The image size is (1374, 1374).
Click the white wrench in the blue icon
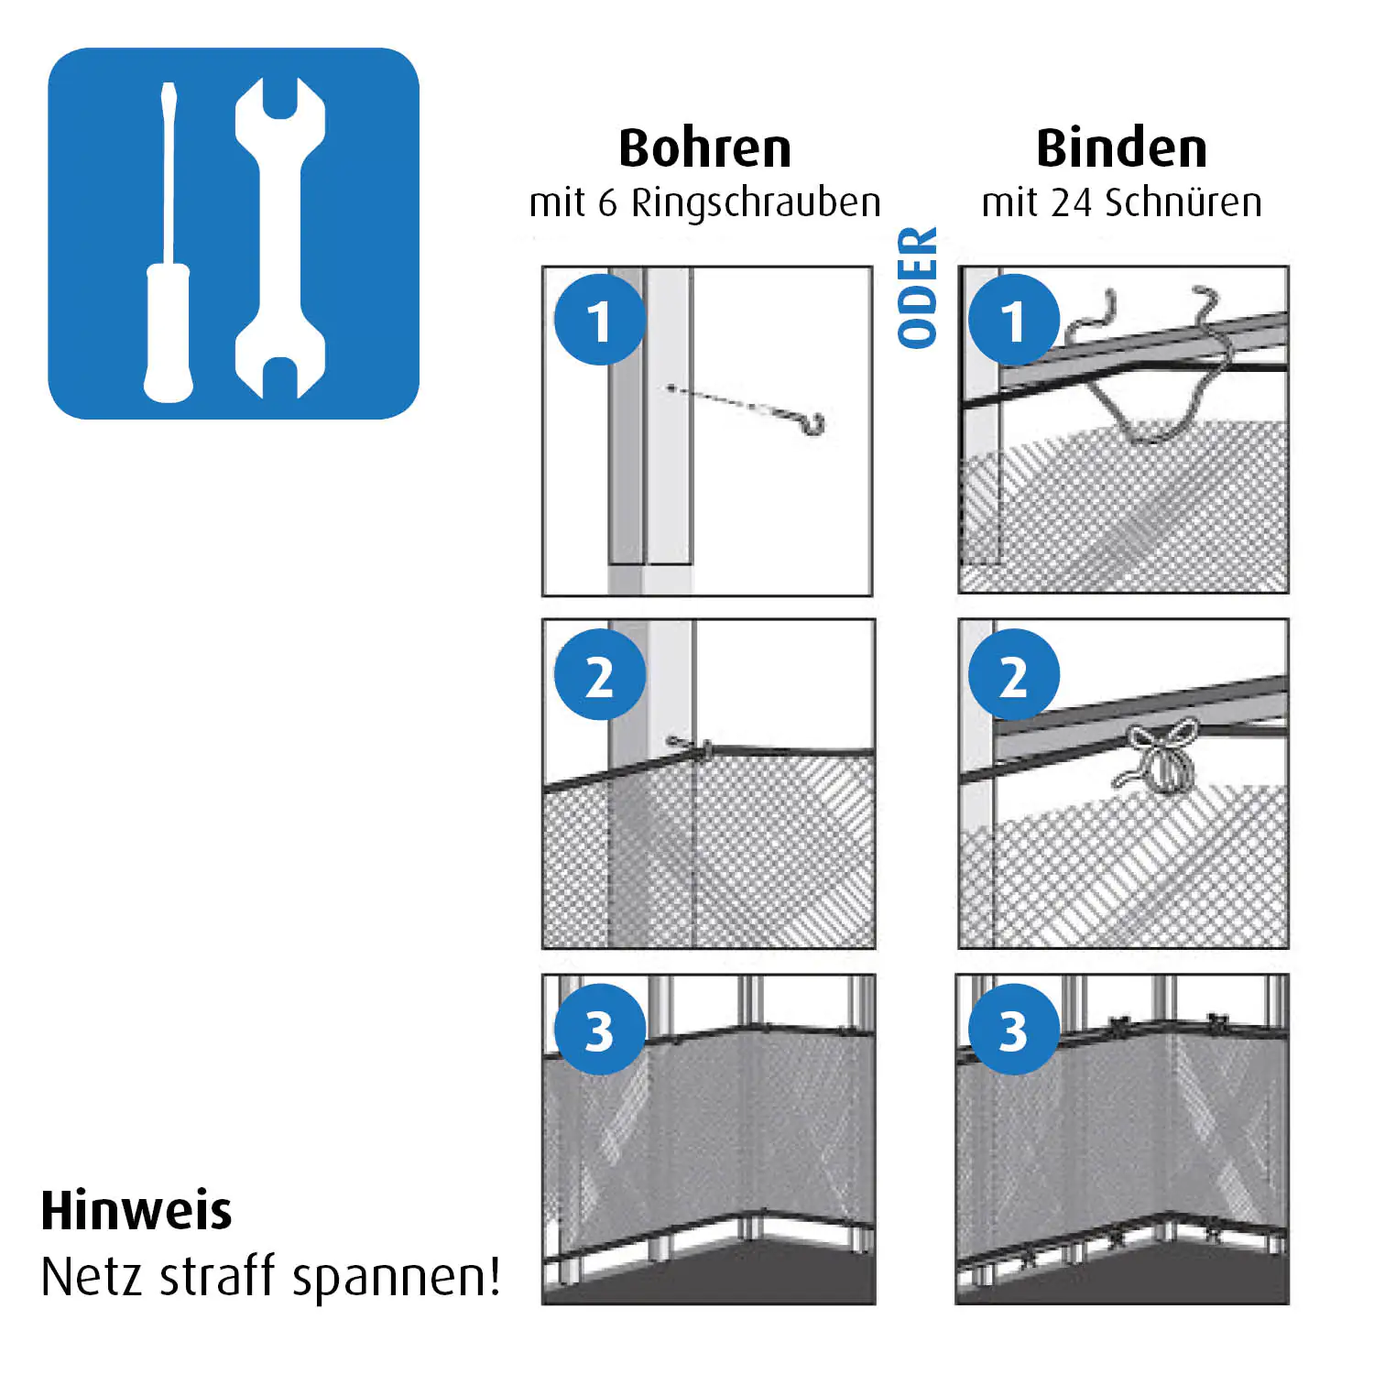pos(280,238)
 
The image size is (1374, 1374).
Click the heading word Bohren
pos(705,148)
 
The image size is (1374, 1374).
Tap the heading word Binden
pos(1122,148)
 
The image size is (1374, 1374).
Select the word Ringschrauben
pos(756,203)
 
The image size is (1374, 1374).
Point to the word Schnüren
pos(1183,202)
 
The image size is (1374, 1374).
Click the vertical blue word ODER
pos(918,288)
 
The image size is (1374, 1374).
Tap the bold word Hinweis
pos(136,1210)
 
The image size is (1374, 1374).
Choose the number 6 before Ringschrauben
pos(608,203)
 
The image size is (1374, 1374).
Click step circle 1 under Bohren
pos(600,320)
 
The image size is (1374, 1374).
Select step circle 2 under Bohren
pos(600,674)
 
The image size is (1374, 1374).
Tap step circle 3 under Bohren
pos(600,1029)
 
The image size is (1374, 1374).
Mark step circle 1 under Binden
pos(1014,320)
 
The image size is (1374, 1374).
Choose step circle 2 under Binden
pos(1014,674)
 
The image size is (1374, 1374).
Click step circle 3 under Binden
pos(1014,1029)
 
